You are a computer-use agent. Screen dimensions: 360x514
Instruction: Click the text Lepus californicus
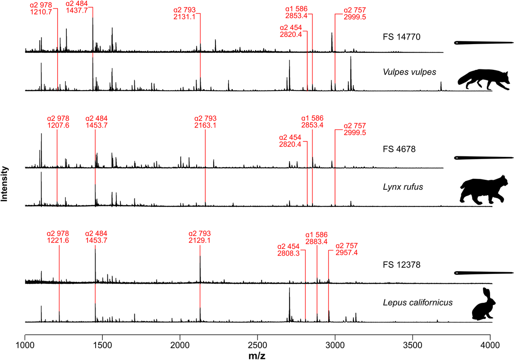coord(415,302)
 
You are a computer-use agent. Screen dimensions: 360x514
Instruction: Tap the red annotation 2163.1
coord(206,125)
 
